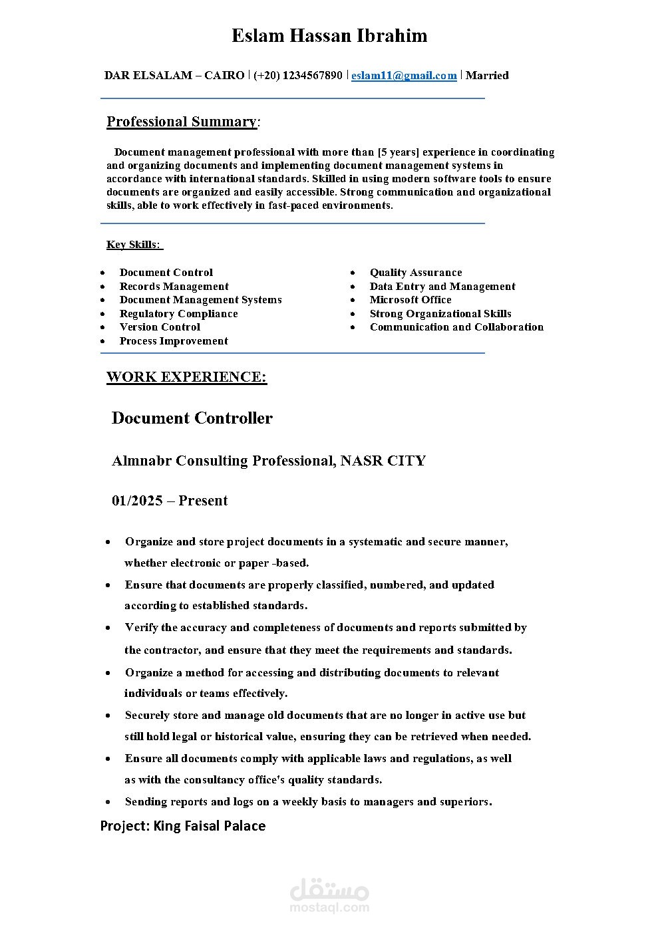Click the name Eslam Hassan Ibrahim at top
pyautogui.click(x=329, y=36)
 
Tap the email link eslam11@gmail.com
pyautogui.click(x=404, y=75)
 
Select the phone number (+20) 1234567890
pyautogui.click(x=298, y=75)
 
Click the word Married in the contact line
pyautogui.click(x=487, y=75)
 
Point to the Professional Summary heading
pyautogui.click(x=182, y=122)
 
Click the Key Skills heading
pyautogui.click(x=134, y=245)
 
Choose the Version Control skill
pyautogui.click(x=160, y=327)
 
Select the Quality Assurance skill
pyautogui.click(x=416, y=273)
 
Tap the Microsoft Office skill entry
pyautogui.click(x=411, y=300)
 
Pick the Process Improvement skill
pyautogui.click(x=174, y=341)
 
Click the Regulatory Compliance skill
pyautogui.click(x=178, y=314)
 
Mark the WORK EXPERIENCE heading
pyautogui.click(x=186, y=377)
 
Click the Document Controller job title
pyautogui.click(x=192, y=418)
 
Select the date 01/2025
pyautogui.click(x=137, y=501)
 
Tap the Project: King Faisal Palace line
pyautogui.click(x=183, y=826)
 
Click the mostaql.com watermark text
pyautogui.click(x=329, y=906)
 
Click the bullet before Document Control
pyautogui.click(x=102, y=273)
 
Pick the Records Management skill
pyautogui.click(x=174, y=287)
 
